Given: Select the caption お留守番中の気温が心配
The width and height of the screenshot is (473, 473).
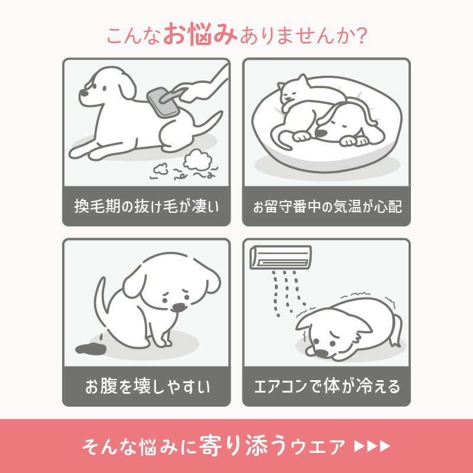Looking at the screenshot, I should click(x=326, y=207).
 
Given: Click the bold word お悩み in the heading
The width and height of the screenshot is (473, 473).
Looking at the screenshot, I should click(x=200, y=34).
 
